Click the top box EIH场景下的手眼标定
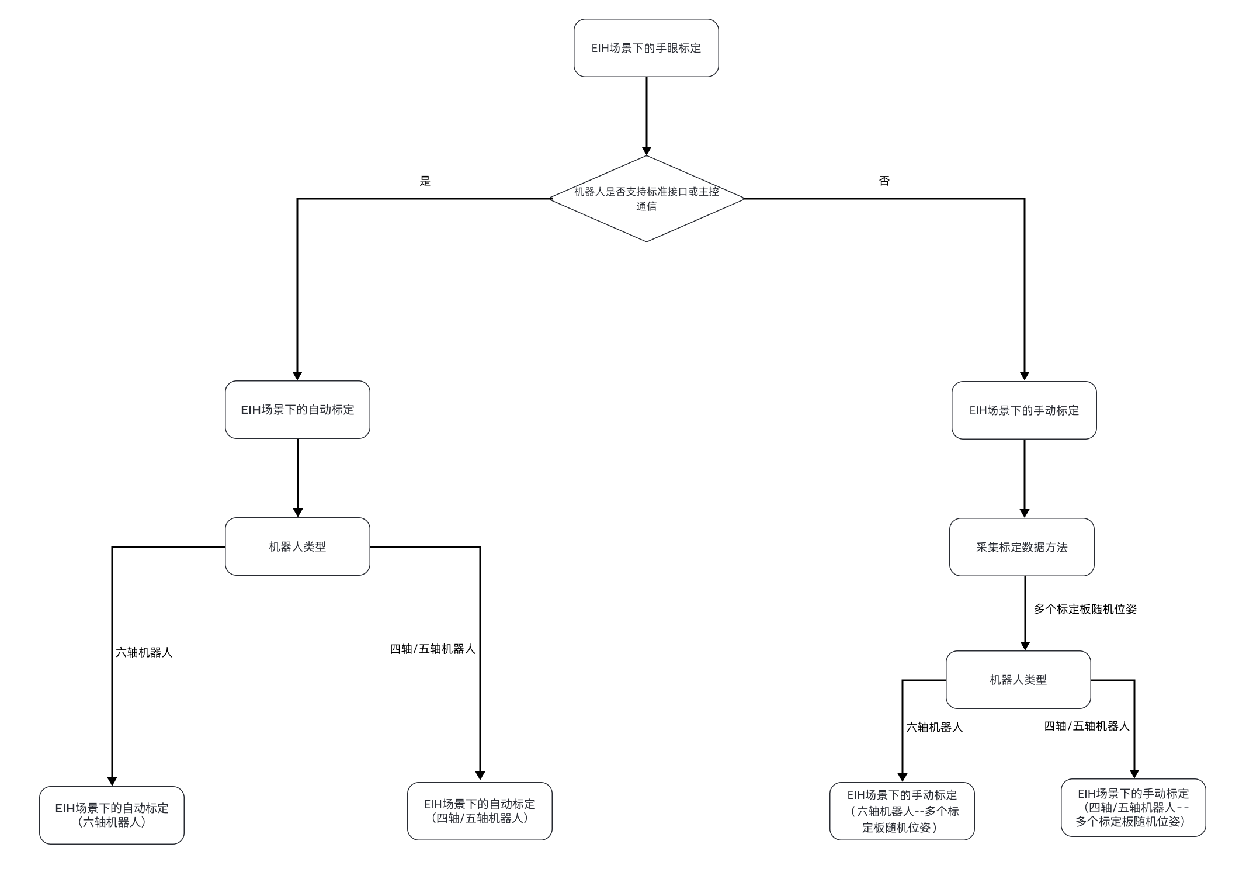point(646,48)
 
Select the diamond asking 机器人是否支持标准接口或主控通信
point(646,199)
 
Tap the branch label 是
point(425,181)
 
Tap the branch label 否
point(884,181)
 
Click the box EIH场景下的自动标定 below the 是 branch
point(297,410)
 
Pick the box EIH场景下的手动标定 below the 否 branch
point(1023,410)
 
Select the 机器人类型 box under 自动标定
point(297,546)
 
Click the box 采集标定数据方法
point(1021,547)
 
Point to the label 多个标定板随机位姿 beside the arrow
point(1085,609)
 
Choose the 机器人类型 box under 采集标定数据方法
point(1018,680)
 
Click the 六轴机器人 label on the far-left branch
point(144,652)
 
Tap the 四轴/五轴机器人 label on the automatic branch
point(432,649)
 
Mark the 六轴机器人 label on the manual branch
point(934,727)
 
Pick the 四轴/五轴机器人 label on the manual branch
point(1087,726)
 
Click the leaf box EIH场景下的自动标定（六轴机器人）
point(112,815)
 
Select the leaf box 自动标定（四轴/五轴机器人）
point(479,811)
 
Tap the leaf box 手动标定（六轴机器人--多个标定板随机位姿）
point(902,811)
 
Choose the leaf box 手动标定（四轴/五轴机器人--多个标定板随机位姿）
point(1133,807)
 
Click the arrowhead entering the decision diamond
point(646,151)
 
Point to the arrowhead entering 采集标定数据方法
point(1024,513)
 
